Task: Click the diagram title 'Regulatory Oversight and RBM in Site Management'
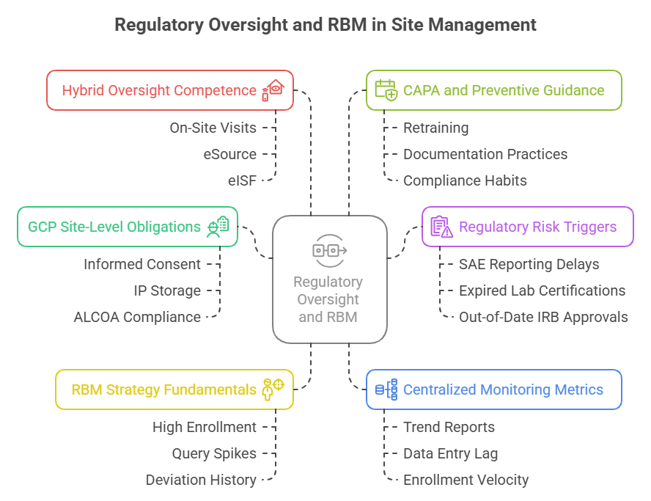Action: point(325,25)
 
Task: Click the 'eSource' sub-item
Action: point(229,154)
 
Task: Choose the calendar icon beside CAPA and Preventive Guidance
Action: point(385,90)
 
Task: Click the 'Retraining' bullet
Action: point(435,128)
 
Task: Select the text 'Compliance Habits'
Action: point(465,180)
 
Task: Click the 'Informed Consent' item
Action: point(141,264)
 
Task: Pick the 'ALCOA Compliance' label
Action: point(136,317)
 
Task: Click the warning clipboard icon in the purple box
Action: point(441,227)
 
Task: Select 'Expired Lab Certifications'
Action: point(542,290)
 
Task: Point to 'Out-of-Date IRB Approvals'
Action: point(543,317)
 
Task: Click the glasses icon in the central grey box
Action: point(329,250)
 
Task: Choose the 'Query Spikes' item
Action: point(214,453)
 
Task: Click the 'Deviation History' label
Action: point(201,480)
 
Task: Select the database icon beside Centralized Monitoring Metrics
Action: point(386,390)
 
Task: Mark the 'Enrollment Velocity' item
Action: point(466,480)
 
